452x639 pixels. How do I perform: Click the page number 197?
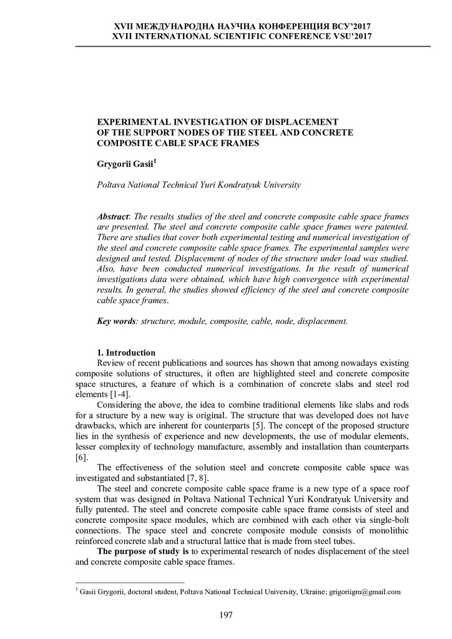click(x=225, y=615)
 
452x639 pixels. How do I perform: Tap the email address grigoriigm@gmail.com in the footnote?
click(x=365, y=592)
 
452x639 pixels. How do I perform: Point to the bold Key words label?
click(x=116, y=321)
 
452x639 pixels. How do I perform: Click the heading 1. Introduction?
click(x=126, y=353)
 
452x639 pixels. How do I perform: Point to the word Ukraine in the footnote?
click(x=311, y=592)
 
